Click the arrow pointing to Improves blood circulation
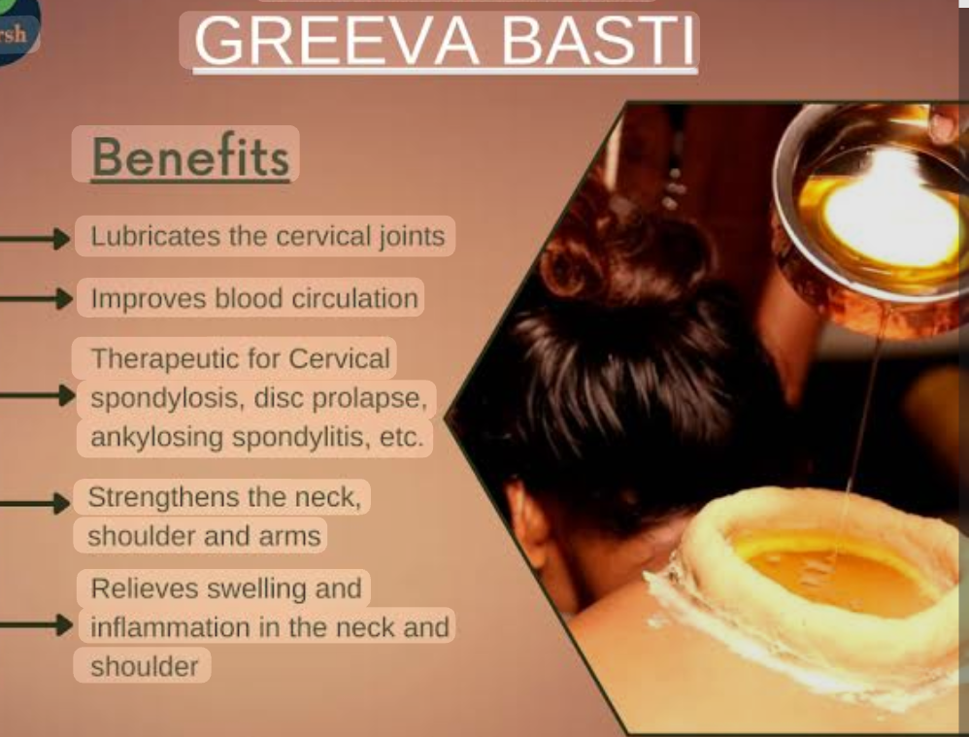coord(39,298)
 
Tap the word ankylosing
coord(156,437)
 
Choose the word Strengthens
coord(163,497)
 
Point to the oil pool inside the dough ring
coord(825,573)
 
